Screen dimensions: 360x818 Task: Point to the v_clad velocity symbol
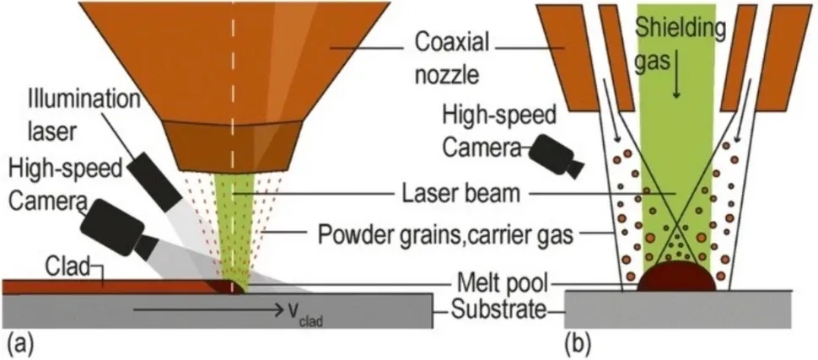pyautogui.click(x=289, y=318)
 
